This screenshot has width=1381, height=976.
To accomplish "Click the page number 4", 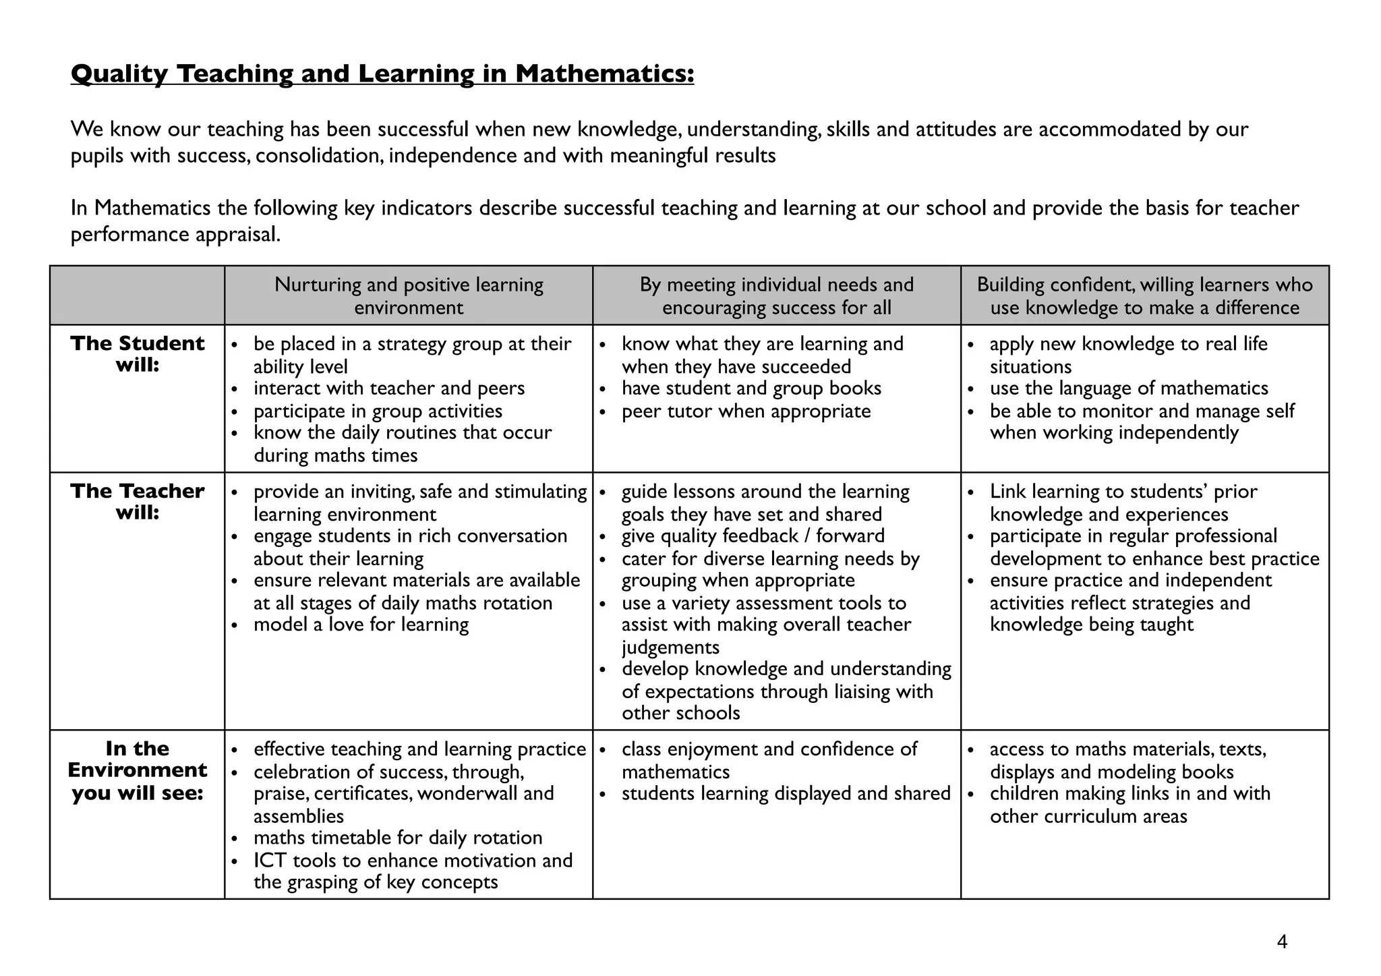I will (1282, 942).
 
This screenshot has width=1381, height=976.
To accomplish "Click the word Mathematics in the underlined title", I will (604, 74).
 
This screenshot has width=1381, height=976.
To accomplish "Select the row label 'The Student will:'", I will (137, 354).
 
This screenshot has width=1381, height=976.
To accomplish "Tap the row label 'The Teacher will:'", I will (137, 502).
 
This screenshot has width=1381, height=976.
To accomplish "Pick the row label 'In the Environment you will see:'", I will (137, 771).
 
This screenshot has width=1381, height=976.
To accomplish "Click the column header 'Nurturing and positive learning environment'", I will (409, 296).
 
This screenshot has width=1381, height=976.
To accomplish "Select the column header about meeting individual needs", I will (776, 296).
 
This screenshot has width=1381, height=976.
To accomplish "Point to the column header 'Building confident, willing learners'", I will (1144, 296).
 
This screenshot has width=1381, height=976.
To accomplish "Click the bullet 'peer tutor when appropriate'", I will (746, 411).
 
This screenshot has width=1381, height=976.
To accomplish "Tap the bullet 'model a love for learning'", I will (361, 625).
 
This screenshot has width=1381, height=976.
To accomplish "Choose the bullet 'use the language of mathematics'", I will (1129, 389).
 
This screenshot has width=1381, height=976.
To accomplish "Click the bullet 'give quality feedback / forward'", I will (753, 536).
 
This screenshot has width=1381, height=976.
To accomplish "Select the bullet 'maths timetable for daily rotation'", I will (398, 838).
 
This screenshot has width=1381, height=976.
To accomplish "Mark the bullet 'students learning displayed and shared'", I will (786, 794).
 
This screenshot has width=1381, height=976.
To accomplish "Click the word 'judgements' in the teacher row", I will (670, 648).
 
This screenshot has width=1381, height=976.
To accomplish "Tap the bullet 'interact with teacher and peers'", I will (389, 389).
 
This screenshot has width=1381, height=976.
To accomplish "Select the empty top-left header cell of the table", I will (137, 296).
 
